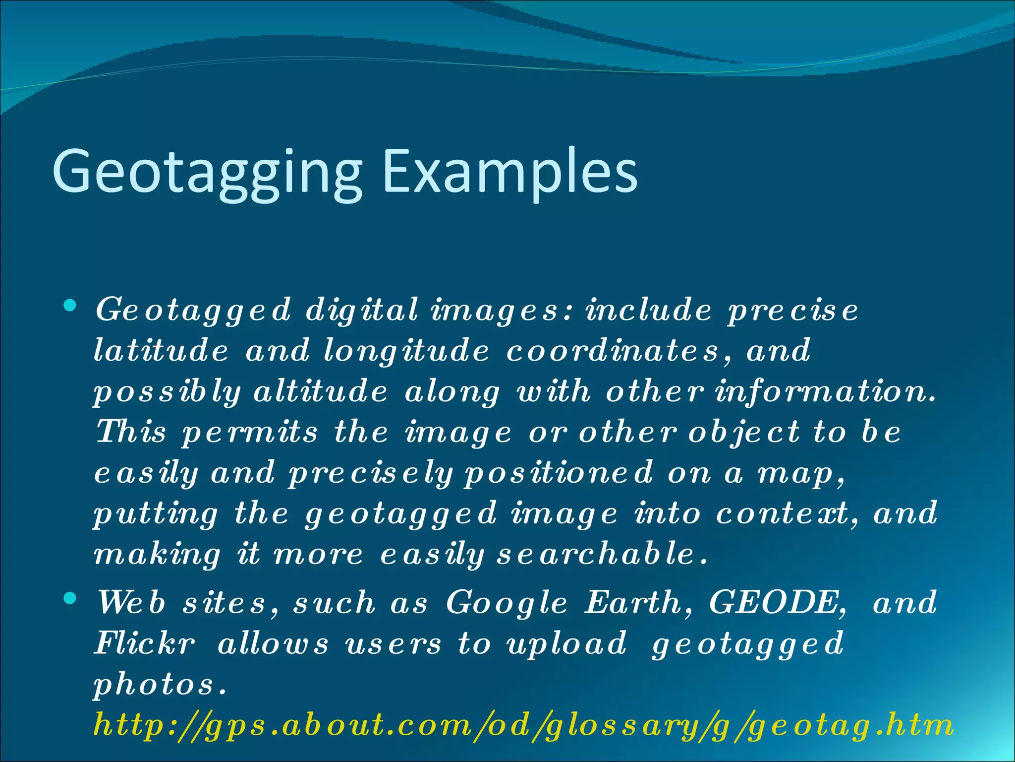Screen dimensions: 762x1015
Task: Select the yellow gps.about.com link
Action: pyautogui.click(x=523, y=725)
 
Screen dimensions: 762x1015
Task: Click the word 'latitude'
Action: pyautogui.click(x=161, y=350)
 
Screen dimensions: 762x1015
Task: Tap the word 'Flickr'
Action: pyautogui.click(x=144, y=643)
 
